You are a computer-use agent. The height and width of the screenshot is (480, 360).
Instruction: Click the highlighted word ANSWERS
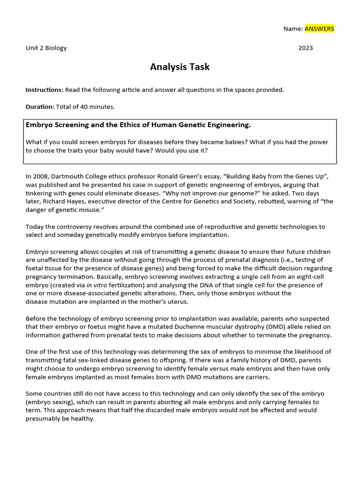[x=319, y=29]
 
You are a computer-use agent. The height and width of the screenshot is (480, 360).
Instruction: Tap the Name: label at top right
[x=293, y=29]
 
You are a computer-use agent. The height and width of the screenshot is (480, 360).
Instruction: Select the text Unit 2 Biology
[x=46, y=48]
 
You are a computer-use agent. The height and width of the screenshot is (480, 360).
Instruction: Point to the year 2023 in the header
[x=306, y=48]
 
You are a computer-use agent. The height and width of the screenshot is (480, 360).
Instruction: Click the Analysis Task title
[x=180, y=67]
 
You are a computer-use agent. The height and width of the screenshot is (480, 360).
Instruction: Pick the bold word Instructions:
[x=45, y=90]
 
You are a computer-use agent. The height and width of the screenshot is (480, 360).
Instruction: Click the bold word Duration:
[x=40, y=106]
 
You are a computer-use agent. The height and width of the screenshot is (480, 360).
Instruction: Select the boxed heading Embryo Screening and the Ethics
[x=138, y=125]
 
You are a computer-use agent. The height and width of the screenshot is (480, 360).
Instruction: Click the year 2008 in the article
[x=40, y=176]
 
